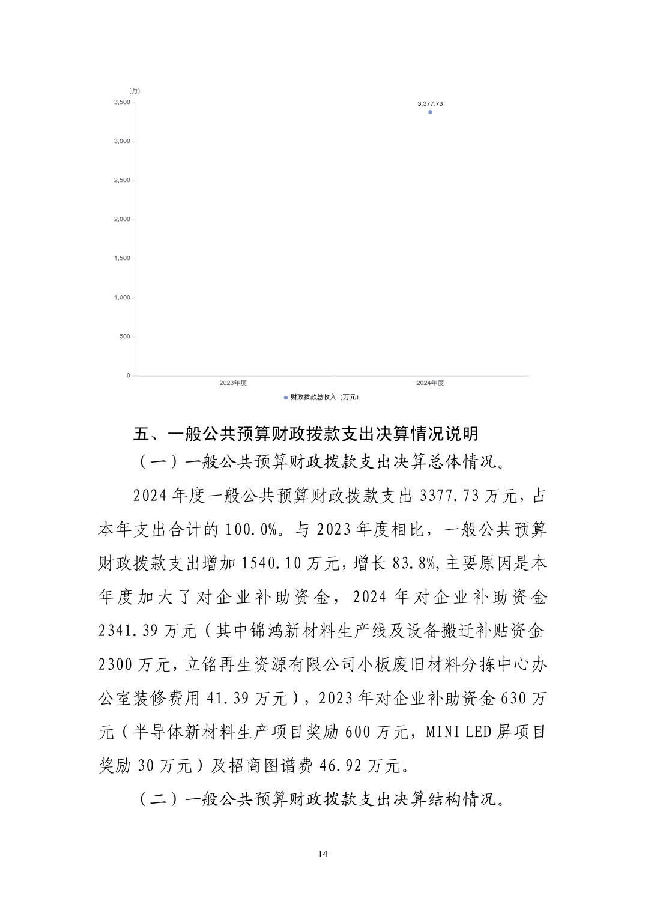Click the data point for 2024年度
point(430,112)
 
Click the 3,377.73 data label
point(430,103)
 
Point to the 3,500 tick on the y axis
point(122,102)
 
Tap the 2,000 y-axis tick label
point(122,219)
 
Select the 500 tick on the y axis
point(124,336)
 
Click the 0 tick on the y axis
point(128,375)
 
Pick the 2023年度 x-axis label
point(233,383)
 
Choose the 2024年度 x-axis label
point(430,383)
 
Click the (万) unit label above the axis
point(135,91)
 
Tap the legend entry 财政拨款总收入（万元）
point(324,397)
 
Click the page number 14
point(323,854)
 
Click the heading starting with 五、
point(306,433)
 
